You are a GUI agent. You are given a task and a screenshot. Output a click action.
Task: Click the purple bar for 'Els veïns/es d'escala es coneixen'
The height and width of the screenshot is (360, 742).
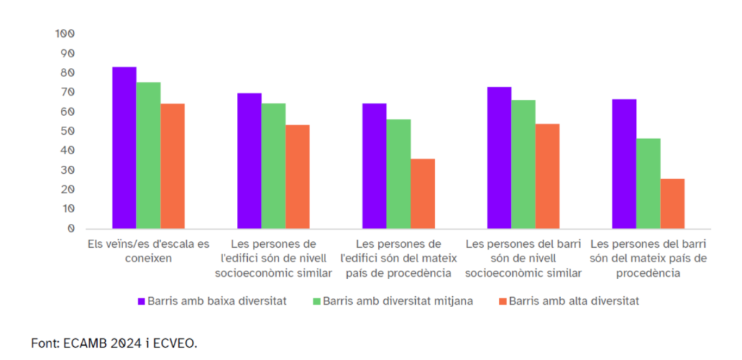(x=124, y=148)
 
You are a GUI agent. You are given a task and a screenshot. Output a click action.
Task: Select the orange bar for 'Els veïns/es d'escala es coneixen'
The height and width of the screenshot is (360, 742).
(x=172, y=166)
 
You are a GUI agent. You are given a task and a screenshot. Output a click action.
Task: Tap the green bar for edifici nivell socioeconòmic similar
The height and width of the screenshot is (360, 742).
(x=273, y=166)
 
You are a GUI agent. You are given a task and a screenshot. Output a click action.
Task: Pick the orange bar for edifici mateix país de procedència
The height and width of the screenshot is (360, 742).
(x=422, y=193)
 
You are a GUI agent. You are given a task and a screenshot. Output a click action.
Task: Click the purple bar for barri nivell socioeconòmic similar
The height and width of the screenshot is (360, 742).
(x=499, y=158)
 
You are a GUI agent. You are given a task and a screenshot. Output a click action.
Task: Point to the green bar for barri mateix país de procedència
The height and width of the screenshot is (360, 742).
(x=649, y=183)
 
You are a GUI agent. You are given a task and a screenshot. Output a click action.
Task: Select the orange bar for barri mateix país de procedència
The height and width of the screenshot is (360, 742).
(x=672, y=204)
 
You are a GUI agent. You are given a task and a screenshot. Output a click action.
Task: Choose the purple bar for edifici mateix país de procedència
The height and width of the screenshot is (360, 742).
(x=375, y=166)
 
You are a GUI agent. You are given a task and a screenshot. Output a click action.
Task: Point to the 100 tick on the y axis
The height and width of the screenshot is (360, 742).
(x=65, y=34)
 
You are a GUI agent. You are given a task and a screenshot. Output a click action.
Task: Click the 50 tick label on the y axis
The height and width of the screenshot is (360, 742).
(x=67, y=131)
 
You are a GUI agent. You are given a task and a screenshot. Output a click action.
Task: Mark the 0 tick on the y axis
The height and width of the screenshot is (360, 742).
(x=70, y=228)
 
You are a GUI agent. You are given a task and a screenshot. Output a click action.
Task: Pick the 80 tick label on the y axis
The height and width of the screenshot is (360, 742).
(x=67, y=72)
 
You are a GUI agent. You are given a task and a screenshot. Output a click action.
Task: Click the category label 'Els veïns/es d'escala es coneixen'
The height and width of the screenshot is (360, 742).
(x=148, y=251)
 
